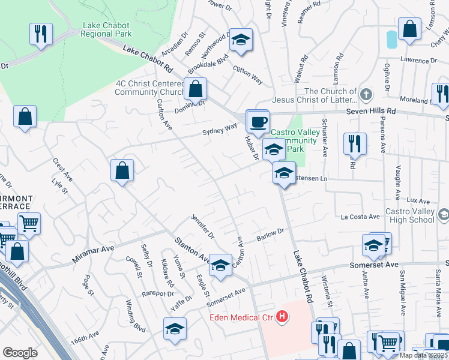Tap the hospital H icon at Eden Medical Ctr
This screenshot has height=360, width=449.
(x=284, y=317)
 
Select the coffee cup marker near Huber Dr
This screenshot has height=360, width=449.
(x=259, y=122)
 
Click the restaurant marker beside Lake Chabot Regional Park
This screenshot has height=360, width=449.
(x=41, y=34)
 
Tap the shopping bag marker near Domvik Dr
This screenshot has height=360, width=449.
(x=195, y=89)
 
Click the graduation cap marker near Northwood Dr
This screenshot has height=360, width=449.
(x=241, y=40)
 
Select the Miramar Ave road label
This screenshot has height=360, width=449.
(x=93, y=250)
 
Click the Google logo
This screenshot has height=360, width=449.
(x=20, y=352)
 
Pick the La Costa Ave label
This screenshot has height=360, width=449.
(x=360, y=217)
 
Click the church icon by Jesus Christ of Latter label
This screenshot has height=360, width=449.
(x=366, y=95)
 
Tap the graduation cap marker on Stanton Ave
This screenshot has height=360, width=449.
(x=220, y=266)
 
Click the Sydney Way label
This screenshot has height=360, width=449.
(x=220, y=130)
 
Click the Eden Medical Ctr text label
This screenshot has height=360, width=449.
(x=243, y=317)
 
